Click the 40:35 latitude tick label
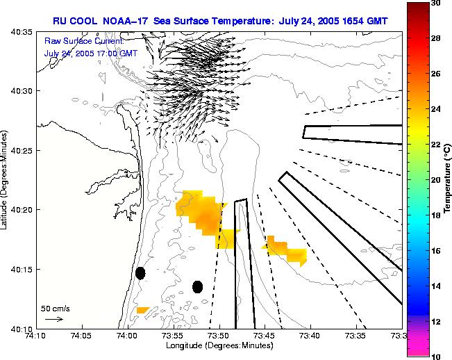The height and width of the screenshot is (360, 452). tap(22, 32)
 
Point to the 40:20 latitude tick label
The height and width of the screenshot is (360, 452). tap(22, 209)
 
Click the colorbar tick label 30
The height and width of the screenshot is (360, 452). tap(435, 3)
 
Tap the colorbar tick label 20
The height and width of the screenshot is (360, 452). tap(435, 179)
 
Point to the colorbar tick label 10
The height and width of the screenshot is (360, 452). tap(435, 355)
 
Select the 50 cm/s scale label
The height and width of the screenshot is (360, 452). tap(55, 308)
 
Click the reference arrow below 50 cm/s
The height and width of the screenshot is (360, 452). tap(53, 319)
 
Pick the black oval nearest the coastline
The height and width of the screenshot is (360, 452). tap(140, 273)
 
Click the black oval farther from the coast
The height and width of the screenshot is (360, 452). tap(197, 286)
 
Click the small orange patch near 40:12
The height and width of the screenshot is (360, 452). tap(142, 310)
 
